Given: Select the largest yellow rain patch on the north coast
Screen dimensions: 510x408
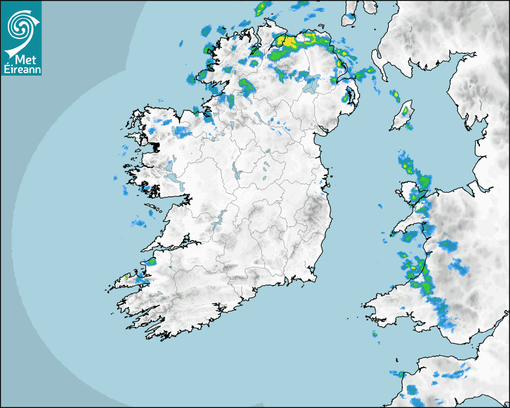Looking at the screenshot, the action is tap(289, 43).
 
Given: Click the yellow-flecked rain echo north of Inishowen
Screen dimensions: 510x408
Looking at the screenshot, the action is tap(262, 8).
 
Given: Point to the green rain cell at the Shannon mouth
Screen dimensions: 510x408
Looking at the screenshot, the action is tap(151, 262).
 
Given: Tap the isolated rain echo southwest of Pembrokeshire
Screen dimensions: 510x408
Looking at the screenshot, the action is tap(376, 335).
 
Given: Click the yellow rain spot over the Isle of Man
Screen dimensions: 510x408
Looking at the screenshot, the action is tap(405, 110).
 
